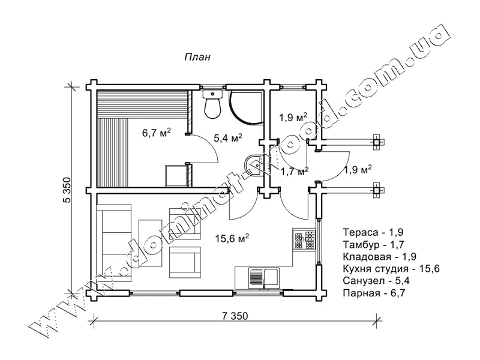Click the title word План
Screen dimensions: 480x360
(x=197, y=57)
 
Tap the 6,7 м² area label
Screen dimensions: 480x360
(x=157, y=133)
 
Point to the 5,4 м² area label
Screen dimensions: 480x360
(x=228, y=139)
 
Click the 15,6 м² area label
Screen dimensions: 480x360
(x=232, y=238)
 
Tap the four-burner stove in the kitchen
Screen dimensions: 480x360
(x=304, y=240)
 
